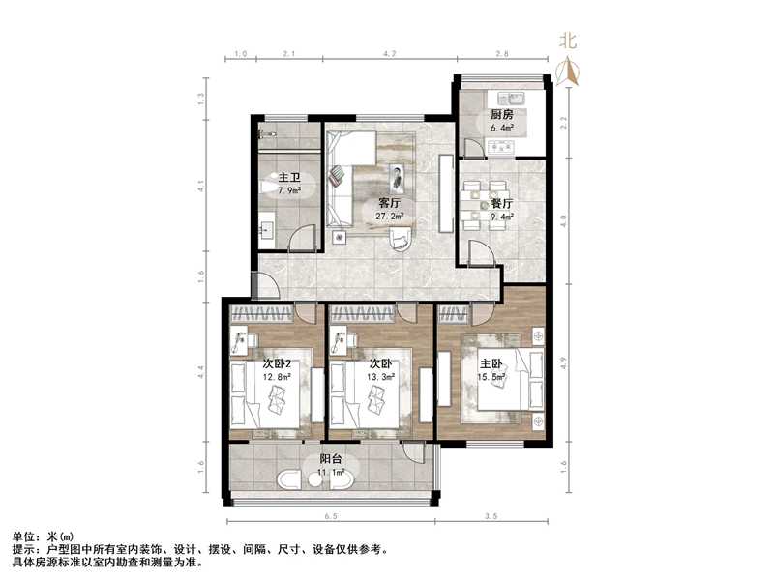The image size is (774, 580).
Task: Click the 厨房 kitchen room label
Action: [501, 114]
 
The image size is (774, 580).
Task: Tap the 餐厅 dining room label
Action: [500, 204]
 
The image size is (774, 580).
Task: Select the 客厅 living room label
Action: [389, 204]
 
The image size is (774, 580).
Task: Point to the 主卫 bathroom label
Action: [289, 178]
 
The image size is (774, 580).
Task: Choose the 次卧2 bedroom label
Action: [277, 364]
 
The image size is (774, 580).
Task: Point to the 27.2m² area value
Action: [389, 217]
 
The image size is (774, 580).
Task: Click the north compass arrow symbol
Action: [571, 69]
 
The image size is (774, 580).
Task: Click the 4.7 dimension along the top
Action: [389, 54]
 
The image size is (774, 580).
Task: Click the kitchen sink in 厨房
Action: [513, 99]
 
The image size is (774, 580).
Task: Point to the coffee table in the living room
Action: [398, 177]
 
